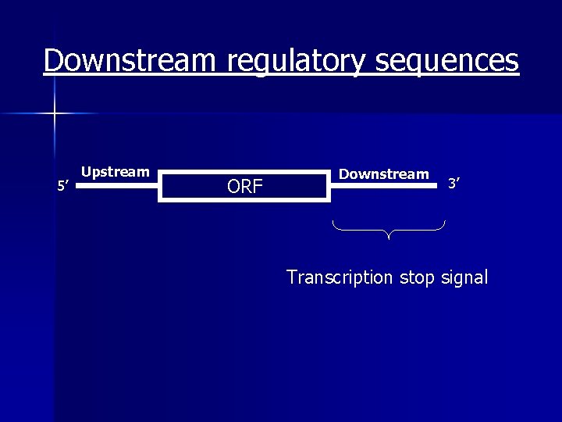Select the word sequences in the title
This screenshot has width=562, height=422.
pyautogui.click(x=447, y=62)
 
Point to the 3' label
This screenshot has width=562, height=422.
pyautogui.click(x=454, y=184)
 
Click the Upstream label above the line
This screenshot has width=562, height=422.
pyautogui.click(x=116, y=172)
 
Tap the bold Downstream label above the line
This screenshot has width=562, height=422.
pyautogui.click(x=383, y=173)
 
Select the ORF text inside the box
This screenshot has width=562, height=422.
pyautogui.click(x=244, y=187)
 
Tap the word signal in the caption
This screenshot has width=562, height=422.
pyautogui.click(x=464, y=277)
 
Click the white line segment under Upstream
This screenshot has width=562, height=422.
pyautogui.click(x=119, y=188)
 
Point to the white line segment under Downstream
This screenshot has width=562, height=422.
pyautogui.click(x=384, y=188)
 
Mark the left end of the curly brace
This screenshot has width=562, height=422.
pyautogui.click(x=333, y=224)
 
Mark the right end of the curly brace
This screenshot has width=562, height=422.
pyautogui.click(x=444, y=224)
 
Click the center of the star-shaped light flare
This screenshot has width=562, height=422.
pyautogui.click(x=55, y=114)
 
